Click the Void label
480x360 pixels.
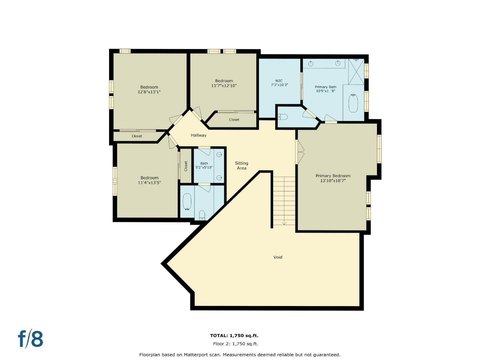pos(278,257)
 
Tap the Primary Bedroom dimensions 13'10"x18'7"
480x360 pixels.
pos(333,181)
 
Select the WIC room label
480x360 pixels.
pos(279,81)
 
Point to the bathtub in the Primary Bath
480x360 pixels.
pos(353,103)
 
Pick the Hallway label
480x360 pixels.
pos(198,135)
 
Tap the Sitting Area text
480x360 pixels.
pos(241,166)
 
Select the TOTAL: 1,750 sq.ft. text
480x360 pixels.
pos(234,336)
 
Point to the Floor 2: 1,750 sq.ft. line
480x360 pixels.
pos(235,344)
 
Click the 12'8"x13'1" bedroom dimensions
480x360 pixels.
pos(149,92)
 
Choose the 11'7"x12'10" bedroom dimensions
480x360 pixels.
pos(224,86)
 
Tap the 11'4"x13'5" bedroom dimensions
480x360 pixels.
pos(149,183)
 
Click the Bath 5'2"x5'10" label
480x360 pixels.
pos(204,165)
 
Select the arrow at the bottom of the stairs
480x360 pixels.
pos(284,223)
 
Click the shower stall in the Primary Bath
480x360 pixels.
pos(356,72)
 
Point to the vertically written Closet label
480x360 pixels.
pos(186,166)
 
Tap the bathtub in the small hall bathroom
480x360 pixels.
pos(187,202)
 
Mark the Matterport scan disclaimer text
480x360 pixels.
pos(240,355)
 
